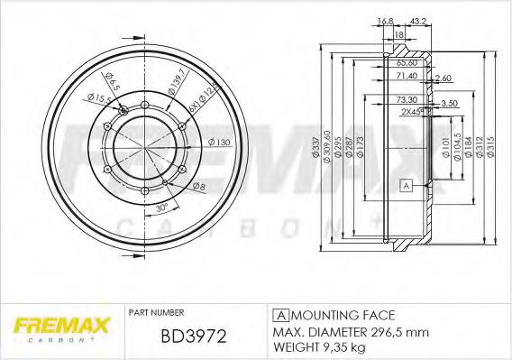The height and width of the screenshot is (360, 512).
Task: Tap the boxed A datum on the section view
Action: pyautogui.click(x=406, y=186)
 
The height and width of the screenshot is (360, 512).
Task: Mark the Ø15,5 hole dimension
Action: pyautogui.click(x=93, y=94)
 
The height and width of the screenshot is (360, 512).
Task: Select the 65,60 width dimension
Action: pyautogui.click(x=408, y=63)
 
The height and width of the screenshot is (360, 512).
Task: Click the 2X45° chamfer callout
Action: pyautogui.click(x=413, y=112)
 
